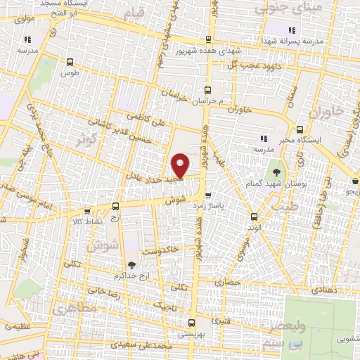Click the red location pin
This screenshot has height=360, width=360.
(180, 165)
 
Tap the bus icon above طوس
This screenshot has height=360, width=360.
(69, 61)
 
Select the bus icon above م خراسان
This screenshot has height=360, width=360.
(207, 89)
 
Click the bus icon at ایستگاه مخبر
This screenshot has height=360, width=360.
(300, 129)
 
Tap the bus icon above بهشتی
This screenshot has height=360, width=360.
(191, 322)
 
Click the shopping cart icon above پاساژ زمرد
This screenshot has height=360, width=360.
(208, 196)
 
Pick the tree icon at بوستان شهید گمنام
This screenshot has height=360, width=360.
(276, 172)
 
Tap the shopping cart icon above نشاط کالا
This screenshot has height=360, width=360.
(86, 210)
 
